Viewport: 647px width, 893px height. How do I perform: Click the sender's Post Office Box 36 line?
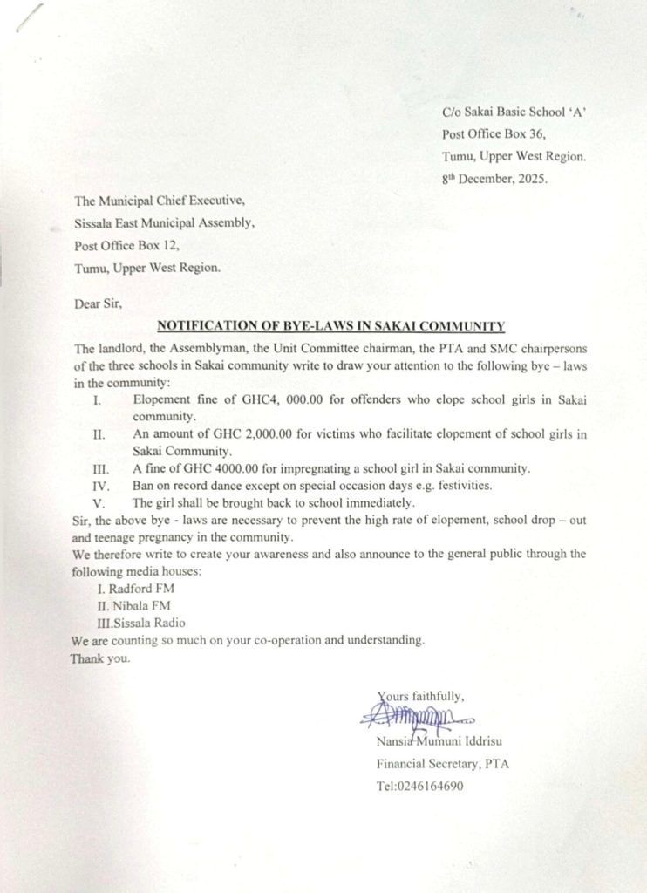[x=494, y=133]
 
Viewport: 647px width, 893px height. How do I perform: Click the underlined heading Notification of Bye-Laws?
[x=330, y=326]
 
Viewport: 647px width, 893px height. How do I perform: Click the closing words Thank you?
[x=100, y=658]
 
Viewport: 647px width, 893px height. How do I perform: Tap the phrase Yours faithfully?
[x=421, y=695]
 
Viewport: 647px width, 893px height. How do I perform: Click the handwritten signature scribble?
[x=415, y=718]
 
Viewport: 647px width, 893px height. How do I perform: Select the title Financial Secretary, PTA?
[x=443, y=764]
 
